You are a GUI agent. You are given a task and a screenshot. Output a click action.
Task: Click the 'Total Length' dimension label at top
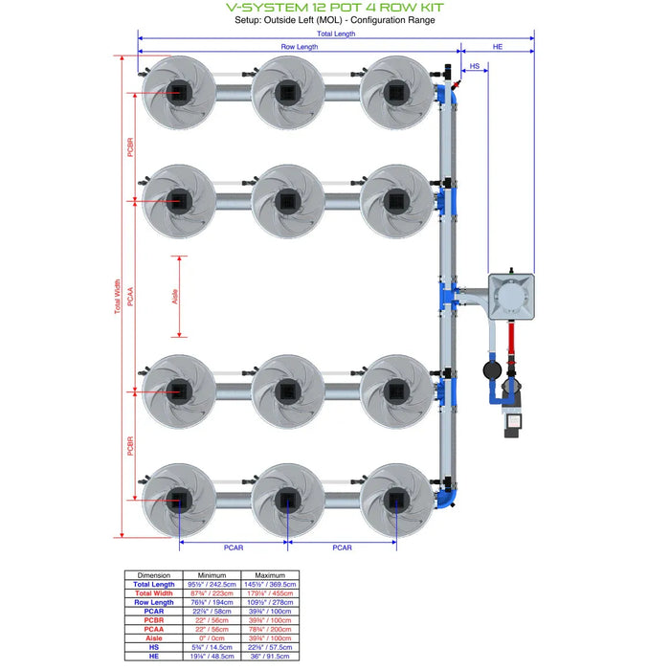point(336,33)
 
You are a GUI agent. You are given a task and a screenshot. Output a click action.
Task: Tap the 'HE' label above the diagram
point(498,46)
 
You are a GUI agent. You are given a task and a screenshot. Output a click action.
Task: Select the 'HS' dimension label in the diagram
point(475,66)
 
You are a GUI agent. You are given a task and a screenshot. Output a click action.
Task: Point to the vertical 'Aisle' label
point(175,297)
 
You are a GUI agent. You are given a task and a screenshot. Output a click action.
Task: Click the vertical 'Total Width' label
point(118,297)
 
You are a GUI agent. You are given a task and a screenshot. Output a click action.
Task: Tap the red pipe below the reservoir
point(510,340)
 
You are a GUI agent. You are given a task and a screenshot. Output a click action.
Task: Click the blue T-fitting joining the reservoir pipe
point(447,291)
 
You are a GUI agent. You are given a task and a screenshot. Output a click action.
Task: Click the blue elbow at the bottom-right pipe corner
point(448,498)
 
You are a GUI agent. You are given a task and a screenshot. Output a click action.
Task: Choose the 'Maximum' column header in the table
point(272,575)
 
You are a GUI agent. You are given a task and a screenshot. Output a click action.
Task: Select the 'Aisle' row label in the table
point(154,637)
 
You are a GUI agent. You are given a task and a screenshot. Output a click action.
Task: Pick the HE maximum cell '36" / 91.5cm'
point(272,656)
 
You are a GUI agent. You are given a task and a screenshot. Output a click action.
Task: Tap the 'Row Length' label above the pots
point(300,47)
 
